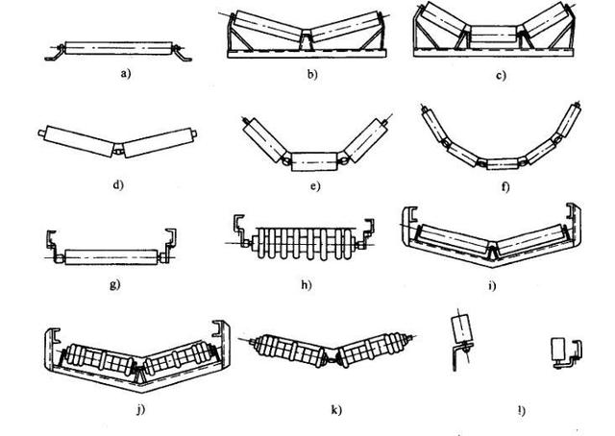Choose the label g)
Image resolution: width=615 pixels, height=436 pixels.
pyautogui.click(x=114, y=285)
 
